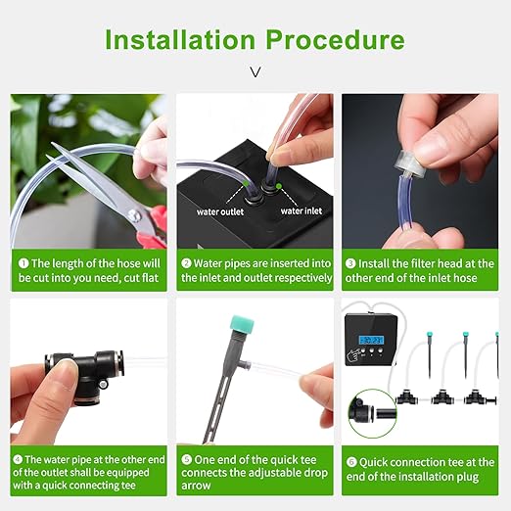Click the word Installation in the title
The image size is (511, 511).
tap(180, 40)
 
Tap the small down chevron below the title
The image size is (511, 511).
tap(255, 71)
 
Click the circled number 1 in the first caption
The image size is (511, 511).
tap(23, 263)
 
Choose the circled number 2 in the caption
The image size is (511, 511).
tap(187, 263)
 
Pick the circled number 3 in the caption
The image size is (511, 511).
tap(351, 263)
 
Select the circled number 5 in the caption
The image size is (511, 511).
tap(187, 459)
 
